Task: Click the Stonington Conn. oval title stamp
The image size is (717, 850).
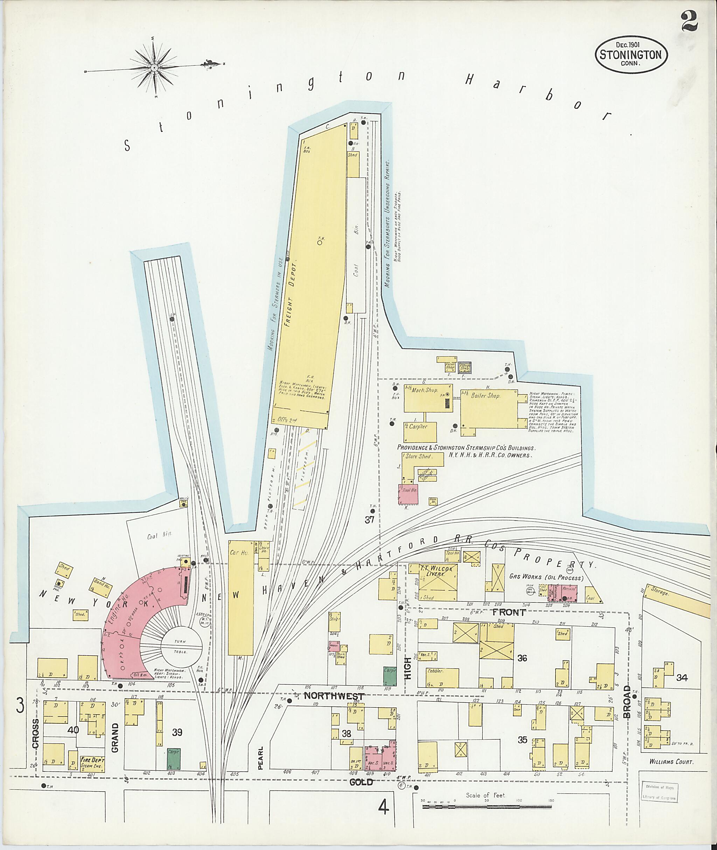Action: (631, 55)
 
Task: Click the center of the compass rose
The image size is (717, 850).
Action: (154, 67)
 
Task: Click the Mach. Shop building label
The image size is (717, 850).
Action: (425, 389)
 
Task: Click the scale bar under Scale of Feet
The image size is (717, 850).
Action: (488, 807)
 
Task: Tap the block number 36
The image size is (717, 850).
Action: (522, 658)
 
